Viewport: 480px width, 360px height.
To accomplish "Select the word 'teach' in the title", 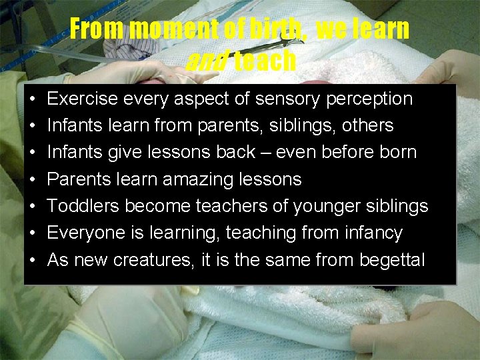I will tap(265, 61).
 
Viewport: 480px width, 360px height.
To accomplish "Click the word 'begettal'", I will tap(392, 260).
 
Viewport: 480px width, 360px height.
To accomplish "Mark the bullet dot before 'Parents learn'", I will tap(33, 180).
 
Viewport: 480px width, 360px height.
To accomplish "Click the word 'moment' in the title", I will tap(174, 29).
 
